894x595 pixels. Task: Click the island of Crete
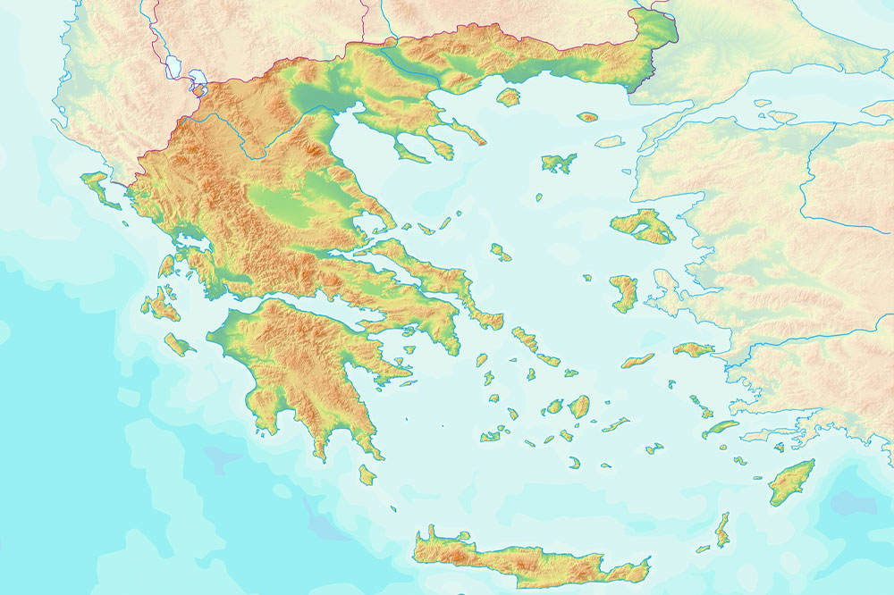click(536, 558)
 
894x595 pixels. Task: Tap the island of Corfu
click(97, 188)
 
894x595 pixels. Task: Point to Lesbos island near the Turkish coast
click(644, 225)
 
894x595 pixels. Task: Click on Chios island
click(623, 293)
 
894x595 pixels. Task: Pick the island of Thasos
click(509, 96)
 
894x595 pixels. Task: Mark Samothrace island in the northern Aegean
click(587, 117)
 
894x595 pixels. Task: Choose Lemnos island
click(559, 163)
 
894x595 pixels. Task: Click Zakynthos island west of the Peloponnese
click(179, 344)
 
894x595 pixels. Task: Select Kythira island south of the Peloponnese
click(367, 473)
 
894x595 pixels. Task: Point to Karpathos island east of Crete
click(722, 531)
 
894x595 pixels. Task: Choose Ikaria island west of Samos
click(638, 360)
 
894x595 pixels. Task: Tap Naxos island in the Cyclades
click(579, 406)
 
